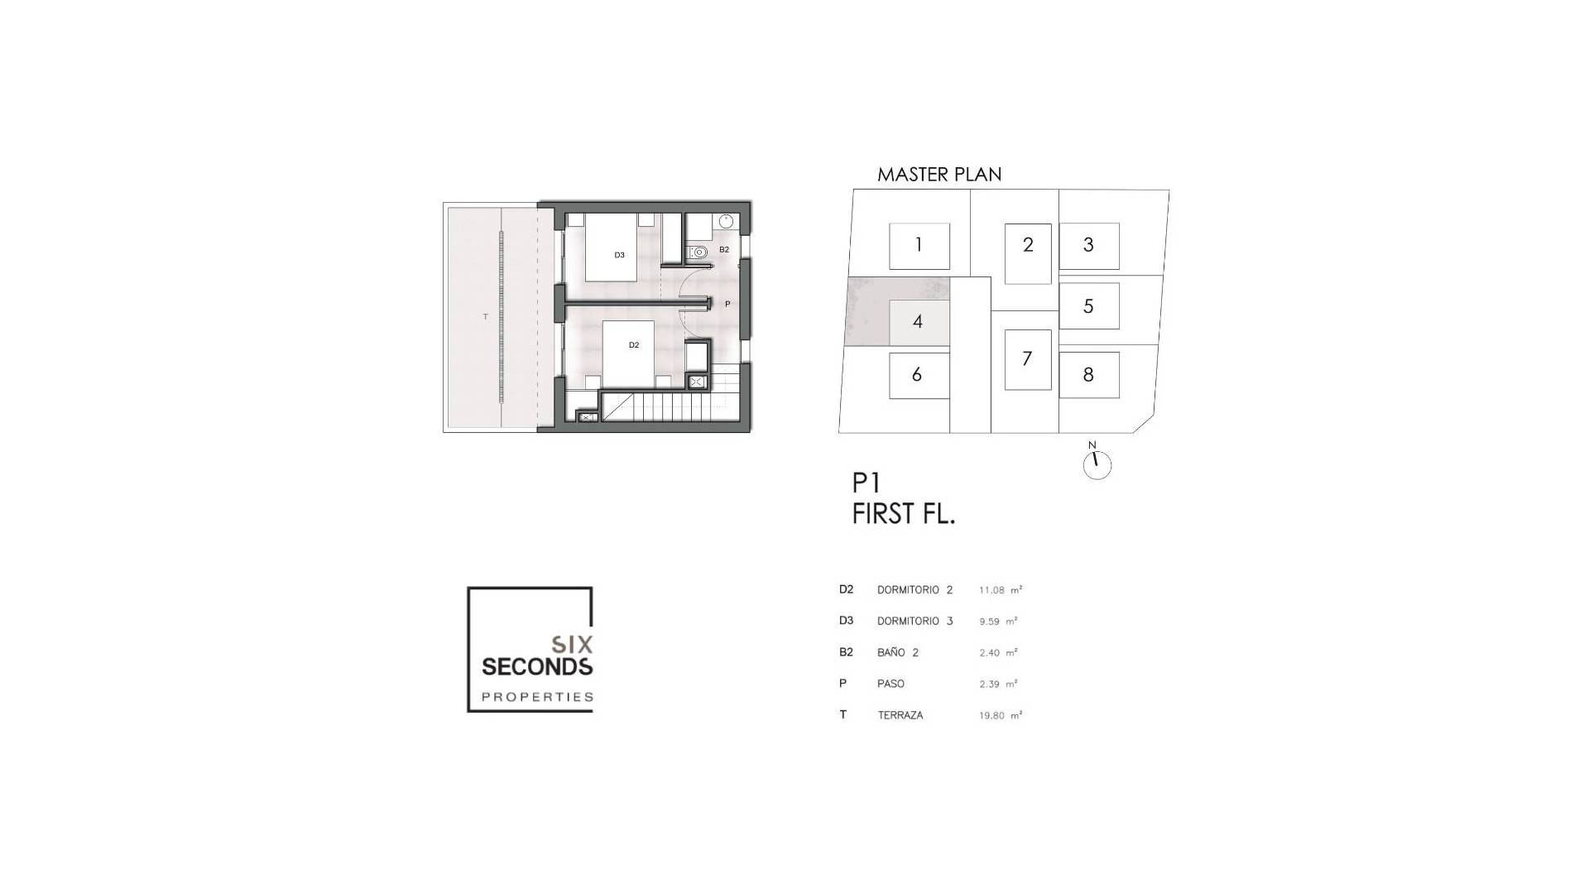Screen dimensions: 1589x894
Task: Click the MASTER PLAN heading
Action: (x=939, y=175)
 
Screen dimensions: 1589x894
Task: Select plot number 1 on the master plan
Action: (x=919, y=245)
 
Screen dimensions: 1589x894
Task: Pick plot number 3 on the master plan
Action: (x=1089, y=245)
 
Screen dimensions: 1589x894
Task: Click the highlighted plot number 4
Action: (x=919, y=322)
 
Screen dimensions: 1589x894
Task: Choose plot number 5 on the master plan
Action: (x=1089, y=306)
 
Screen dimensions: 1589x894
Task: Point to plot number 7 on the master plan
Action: (x=1028, y=359)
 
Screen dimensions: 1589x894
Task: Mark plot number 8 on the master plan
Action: (x=1089, y=375)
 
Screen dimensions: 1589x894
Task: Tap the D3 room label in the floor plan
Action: (x=620, y=255)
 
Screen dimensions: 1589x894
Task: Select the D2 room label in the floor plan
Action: (x=634, y=345)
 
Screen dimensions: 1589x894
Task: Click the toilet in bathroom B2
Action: (x=698, y=252)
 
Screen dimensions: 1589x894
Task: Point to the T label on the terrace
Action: (x=486, y=317)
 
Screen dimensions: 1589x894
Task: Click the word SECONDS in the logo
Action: (x=537, y=666)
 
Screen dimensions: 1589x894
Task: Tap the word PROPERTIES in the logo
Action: (x=538, y=697)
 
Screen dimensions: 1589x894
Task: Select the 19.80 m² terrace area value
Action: (x=1001, y=715)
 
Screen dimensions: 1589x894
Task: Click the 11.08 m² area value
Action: (x=1001, y=590)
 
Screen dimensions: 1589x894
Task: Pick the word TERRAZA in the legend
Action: (x=900, y=715)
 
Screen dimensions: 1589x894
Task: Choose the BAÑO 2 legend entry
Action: (x=898, y=652)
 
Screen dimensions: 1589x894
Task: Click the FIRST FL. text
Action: (x=904, y=514)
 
